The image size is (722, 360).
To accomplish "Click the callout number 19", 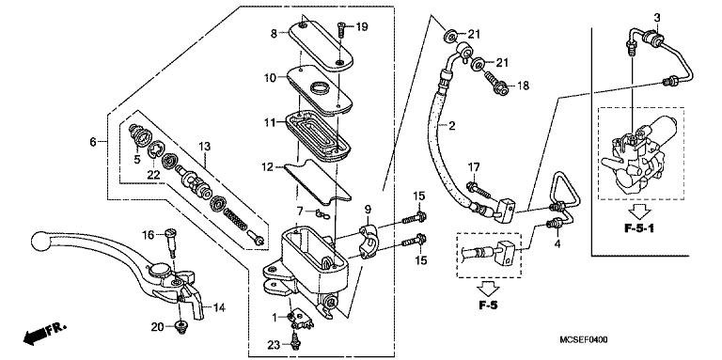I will [x=362, y=25].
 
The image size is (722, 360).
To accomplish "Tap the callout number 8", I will [x=275, y=33].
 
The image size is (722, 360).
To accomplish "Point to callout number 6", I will [x=92, y=142].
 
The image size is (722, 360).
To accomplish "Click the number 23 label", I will [x=273, y=344].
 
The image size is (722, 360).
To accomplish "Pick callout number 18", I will [x=524, y=86].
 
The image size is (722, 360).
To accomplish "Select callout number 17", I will [x=474, y=168].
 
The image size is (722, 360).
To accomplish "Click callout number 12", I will [x=268, y=167].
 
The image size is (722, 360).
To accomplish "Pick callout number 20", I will [x=158, y=326].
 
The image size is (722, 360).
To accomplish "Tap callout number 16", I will [x=148, y=234].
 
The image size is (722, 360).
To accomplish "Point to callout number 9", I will [x=369, y=208].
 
